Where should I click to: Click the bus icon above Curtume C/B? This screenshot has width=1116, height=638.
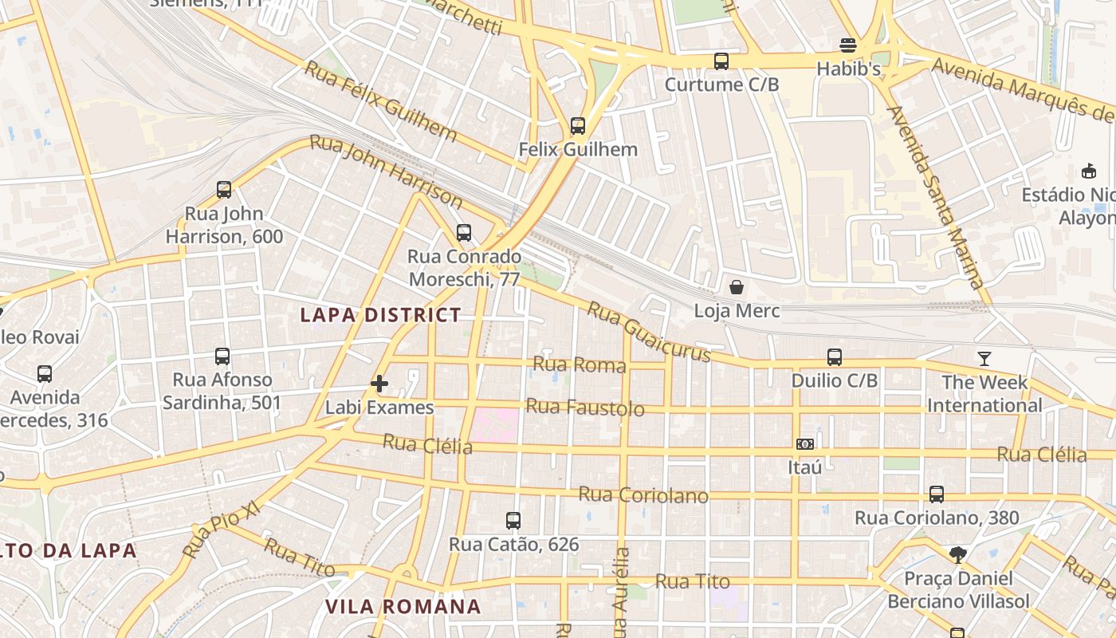[721, 61]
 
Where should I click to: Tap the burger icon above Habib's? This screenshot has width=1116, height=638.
[848, 45]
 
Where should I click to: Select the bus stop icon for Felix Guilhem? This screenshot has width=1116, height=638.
[578, 126]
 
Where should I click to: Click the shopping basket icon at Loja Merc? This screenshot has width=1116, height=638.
[737, 287]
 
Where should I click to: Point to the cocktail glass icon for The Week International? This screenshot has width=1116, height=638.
[984, 359]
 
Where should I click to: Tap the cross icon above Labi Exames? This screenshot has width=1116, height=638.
[379, 384]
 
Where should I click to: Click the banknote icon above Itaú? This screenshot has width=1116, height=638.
[805, 444]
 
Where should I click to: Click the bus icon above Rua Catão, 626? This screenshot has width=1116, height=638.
[513, 521]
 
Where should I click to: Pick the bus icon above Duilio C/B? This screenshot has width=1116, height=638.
[835, 357]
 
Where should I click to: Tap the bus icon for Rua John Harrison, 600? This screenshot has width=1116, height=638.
[224, 190]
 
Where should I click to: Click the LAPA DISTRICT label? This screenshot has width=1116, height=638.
[381, 315]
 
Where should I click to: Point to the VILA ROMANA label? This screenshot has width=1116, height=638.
[403, 607]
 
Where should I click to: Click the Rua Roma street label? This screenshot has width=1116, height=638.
[580, 364]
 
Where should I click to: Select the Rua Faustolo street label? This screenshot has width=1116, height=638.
[586, 408]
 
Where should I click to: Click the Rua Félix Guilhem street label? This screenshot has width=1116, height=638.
[381, 101]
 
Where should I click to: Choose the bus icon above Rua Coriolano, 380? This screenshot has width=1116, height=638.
[937, 494]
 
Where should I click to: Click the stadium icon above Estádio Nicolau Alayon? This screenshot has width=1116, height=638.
[1088, 171]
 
